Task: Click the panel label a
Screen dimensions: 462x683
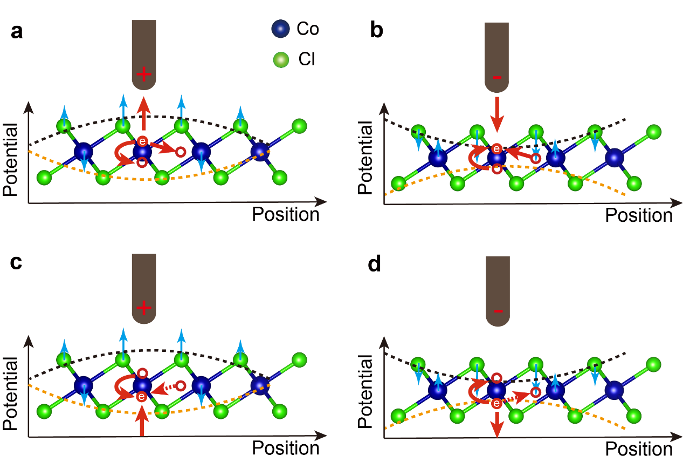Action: tap(17, 32)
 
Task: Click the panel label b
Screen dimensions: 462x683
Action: tap(376, 31)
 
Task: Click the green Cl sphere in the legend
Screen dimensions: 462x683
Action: tap(280, 60)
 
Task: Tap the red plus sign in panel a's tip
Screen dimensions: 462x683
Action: tap(143, 74)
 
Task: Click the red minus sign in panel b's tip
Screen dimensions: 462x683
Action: tap(497, 78)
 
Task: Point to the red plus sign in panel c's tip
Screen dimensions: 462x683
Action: tap(143, 308)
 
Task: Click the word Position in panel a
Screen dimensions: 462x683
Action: tap(286, 214)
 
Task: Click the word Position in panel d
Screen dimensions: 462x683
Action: tap(638, 449)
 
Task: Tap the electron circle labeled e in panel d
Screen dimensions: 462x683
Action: tap(496, 403)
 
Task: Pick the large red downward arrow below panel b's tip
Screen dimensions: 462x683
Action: tap(497, 114)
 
